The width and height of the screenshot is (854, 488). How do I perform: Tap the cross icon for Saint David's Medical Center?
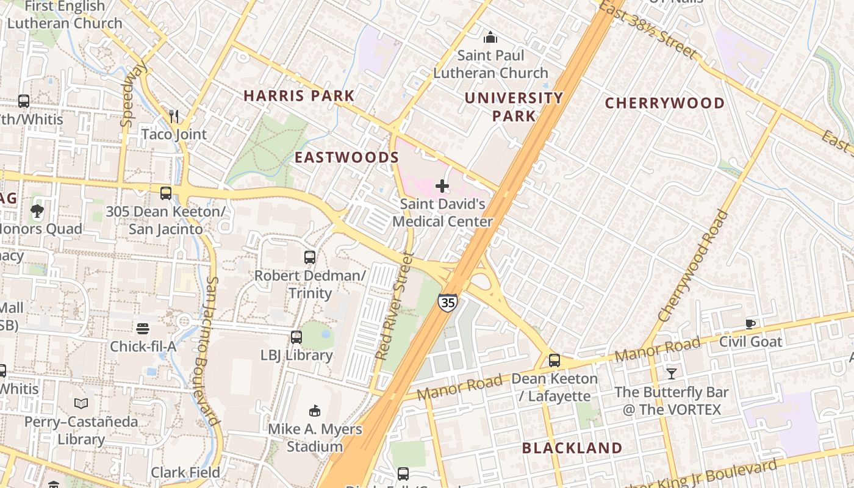click(442, 185)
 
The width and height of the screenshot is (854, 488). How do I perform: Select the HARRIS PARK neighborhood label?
click(299, 96)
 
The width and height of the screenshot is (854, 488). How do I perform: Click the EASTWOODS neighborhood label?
click(346, 157)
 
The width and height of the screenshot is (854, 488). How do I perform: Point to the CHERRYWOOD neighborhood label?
click(664, 103)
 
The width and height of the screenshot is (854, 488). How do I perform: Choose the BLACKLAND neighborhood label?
click(572, 448)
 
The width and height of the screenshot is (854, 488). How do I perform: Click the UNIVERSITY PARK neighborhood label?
click(514, 107)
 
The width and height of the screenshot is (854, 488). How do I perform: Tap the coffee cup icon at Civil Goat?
click(750, 324)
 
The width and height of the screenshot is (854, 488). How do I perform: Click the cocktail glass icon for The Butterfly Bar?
click(672, 373)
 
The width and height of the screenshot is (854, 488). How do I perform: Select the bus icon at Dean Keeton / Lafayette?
click(554, 361)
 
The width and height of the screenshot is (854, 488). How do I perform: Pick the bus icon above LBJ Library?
click(296, 337)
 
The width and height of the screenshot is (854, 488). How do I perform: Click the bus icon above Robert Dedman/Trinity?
click(310, 257)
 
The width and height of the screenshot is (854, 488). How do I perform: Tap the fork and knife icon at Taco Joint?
click(174, 116)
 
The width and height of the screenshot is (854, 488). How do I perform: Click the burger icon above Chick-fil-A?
click(143, 329)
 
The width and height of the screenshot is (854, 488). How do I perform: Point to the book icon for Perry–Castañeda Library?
click(81, 403)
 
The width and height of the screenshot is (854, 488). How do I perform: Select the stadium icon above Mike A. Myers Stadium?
click(315, 411)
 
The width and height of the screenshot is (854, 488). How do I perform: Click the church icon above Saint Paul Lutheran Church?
click(490, 38)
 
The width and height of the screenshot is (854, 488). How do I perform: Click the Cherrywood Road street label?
click(694, 266)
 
